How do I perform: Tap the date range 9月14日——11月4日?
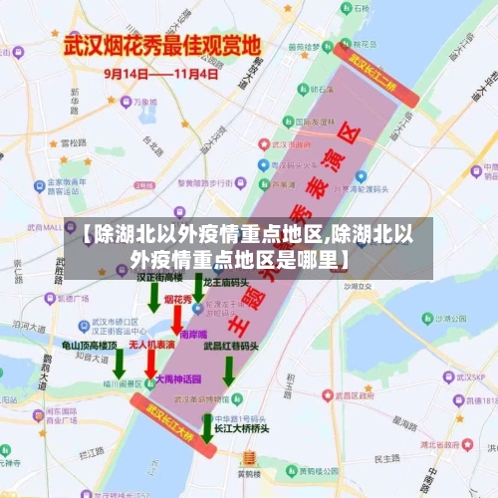coord(162,74)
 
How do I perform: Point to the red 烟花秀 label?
coord(178,299)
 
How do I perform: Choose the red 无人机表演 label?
coord(151,345)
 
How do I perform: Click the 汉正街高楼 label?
coord(159,277)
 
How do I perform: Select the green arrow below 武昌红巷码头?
coord(228,371)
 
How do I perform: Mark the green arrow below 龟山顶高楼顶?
coord(119,365)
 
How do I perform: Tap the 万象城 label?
coord(144,102)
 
